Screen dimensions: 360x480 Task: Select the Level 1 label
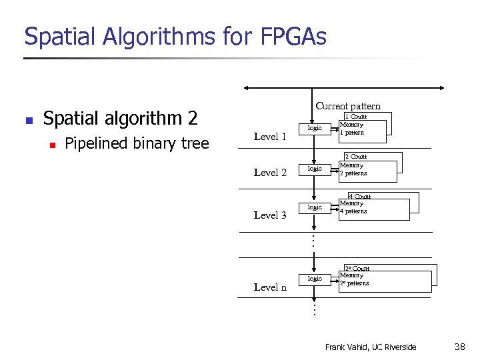(270, 137)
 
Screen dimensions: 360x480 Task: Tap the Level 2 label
(270, 173)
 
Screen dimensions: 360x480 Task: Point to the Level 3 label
(270, 215)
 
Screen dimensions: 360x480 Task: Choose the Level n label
(270, 287)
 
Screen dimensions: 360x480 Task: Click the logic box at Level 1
(314, 128)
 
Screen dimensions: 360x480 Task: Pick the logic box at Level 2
(314, 169)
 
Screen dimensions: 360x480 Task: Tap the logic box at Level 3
(314, 207)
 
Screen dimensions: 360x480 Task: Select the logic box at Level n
(314, 279)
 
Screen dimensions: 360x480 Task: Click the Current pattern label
(348, 106)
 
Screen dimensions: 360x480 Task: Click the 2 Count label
(355, 157)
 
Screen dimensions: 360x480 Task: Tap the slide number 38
(459, 347)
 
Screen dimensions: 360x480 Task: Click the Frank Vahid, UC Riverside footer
(370, 347)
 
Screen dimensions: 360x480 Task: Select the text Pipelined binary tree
(137, 143)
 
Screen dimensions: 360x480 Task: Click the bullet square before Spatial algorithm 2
(28, 121)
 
